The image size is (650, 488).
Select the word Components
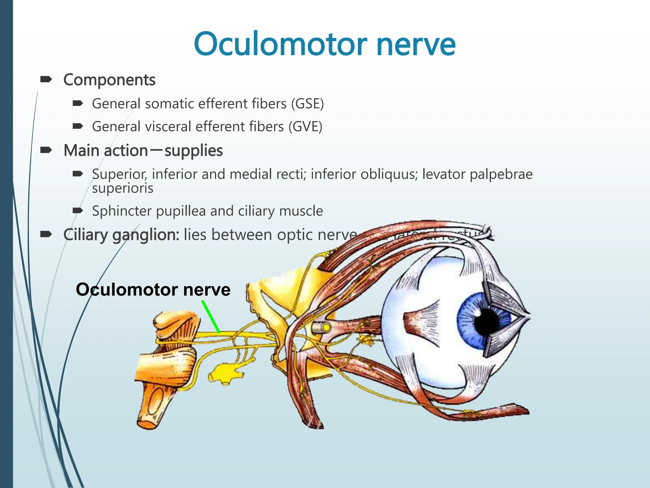[x=109, y=80]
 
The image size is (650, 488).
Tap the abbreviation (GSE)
[x=308, y=104]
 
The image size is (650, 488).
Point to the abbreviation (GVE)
[x=305, y=126]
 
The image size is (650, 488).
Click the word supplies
[x=194, y=151]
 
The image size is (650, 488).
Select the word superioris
[x=123, y=188]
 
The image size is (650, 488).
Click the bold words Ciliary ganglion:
[x=121, y=235]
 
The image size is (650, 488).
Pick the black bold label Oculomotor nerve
[x=153, y=289]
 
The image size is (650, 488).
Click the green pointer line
[x=211, y=316]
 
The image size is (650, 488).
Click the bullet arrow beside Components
[x=46, y=79]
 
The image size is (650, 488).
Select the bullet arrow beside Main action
[x=46, y=150]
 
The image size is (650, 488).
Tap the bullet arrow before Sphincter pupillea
[x=78, y=210]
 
